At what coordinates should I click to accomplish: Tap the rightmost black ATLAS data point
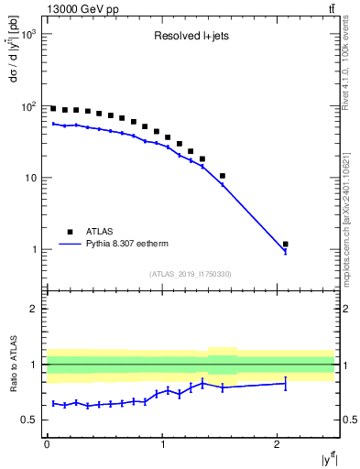(x=286, y=245)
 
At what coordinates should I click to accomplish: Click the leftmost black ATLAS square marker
(x=53, y=108)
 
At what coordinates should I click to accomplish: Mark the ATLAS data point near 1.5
(x=223, y=176)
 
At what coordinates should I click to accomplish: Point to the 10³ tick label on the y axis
(x=27, y=34)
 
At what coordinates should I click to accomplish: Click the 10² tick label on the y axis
(x=27, y=106)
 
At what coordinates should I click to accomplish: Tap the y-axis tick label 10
(x=29, y=178)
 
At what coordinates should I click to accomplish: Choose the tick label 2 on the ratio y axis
(x=34, y=309)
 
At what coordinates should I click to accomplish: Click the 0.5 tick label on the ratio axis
(x=29, y=420)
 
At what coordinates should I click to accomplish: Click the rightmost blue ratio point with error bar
(x=286, y=384)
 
